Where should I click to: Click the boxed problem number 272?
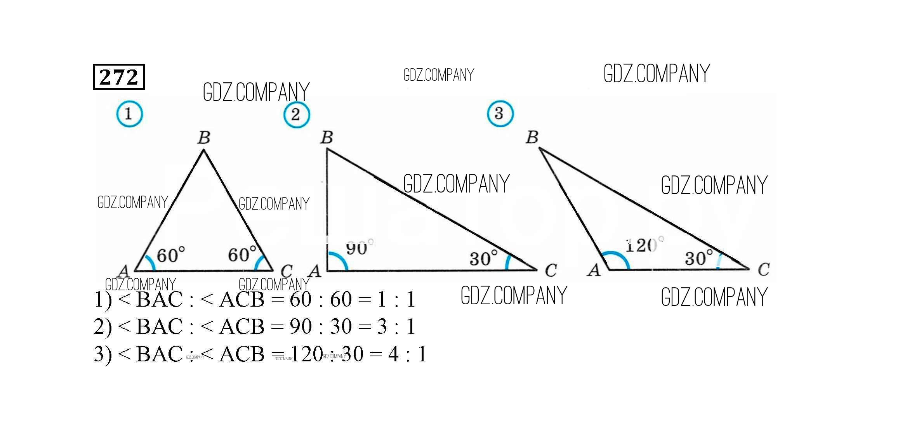tap(119, 77)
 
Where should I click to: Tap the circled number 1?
tap(129, 114)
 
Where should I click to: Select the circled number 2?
tap(297, 115)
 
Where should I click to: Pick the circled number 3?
tap(500, 113)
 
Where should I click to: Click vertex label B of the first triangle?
tap(204, 137)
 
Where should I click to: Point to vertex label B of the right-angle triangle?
tap(327, 137)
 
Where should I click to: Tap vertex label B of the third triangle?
tap(532, 137)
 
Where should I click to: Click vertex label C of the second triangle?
tap(551, 271)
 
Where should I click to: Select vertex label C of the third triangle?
tap(763, 269)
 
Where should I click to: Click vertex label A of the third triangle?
tap(594, 270)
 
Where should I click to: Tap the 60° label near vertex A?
tap(170, 255)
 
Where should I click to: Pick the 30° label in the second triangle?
tap(483, 258)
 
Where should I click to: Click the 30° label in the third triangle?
tap(698, 258)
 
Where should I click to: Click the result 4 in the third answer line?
tap(393, 354)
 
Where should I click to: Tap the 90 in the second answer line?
tap(301, 326)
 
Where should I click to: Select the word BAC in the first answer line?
tap(160, 299)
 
